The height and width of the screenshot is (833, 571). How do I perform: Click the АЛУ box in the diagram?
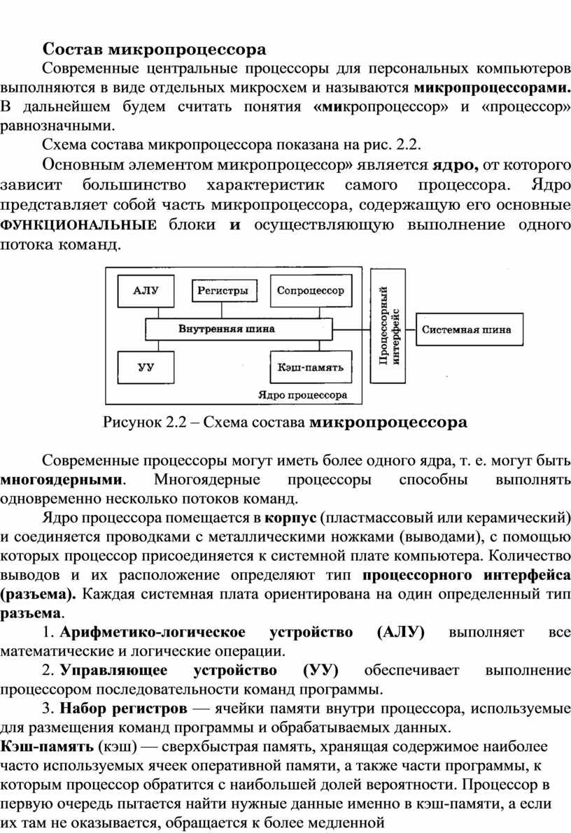pyautogui.click(x=146, y=291)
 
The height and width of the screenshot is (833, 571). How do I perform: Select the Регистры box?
pyautogui.click(x=223, y=290)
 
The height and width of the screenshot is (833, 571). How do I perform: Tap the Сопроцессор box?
pyautogui.click(x=311, y=291)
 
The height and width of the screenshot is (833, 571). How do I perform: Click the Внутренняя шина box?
pyautogui.click(x=239, y=329)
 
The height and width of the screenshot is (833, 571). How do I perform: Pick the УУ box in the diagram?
pyautogui.click(x=146, y=367)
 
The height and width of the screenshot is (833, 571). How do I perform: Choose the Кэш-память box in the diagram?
pyautogui.click(x=311, y=367)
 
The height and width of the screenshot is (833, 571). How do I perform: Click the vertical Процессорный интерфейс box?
pyautogui.click(x=388, y=326)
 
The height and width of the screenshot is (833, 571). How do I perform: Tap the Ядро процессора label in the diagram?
pyautogui.click(x=302, y=395)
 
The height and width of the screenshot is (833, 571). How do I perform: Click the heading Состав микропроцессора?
pyautogui.click(x=154, y=50)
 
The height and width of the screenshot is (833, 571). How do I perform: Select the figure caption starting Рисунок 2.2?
pyautogui.click(x=285, y=422)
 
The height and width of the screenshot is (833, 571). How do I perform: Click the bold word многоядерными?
pyautogui.click(x=62, y=480)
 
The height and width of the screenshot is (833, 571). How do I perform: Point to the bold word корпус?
pyautogui.click(x=291, y=518)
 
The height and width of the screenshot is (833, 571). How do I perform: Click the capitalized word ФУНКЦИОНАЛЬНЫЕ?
pyautogui.click(x=78, y=225)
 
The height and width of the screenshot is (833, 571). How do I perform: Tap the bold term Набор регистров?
pyautogui.click(x=123, y=709)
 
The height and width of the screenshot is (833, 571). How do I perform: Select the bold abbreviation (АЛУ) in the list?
pyautogui.click(x=400, y=632)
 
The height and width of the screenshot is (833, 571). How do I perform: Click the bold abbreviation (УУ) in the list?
pyautogui.click(x=320, y=671)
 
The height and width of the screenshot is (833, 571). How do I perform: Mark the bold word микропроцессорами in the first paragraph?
pyautogui.click(x=493, y=87)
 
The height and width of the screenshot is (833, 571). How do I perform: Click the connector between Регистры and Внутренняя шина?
pyautogui.click(x=223, y=311)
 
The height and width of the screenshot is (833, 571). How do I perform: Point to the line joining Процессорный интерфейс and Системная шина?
pyautogui.click(x=411, y=329)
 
